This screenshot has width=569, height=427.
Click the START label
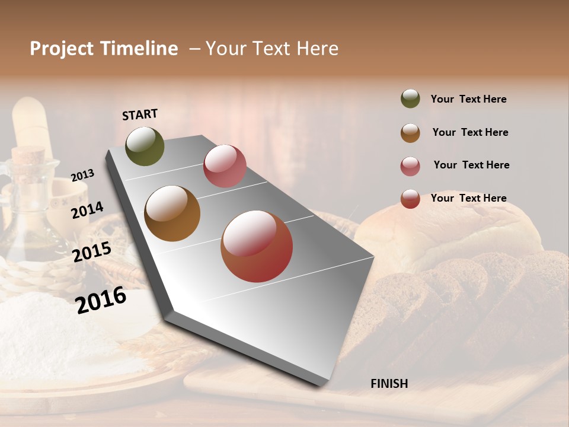[x=140, y=114]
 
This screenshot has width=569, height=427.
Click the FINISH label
[x=389, y=384]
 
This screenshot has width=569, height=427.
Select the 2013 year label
[x=82, y=176]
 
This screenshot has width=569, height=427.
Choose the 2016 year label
[x=101, y=300]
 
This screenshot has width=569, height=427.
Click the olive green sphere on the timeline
[x=145, y=146]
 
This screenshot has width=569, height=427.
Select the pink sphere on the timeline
[x=225, y=166]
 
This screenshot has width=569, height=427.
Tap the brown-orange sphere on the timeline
[x=172, y=213]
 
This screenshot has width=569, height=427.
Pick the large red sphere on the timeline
[x=257, y=246]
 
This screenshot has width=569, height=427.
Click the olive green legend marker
[x=410, y=98]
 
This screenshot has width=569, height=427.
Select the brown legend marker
[x=410, y=133]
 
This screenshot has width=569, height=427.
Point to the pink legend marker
[x=410, y=166]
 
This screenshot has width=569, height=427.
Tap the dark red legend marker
[x=410, y=199]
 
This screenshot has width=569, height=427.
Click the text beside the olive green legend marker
[x=468, y=99]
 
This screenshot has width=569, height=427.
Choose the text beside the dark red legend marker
[x=468, y=198]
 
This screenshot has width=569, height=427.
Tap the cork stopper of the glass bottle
[x=28, y=157]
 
